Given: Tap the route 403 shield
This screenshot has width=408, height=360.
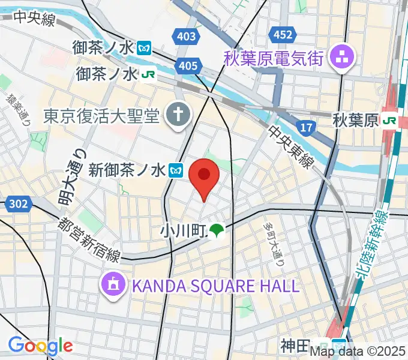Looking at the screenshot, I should pyautogui.click(x=187, y=37).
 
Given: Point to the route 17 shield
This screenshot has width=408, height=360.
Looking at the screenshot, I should pyautogui.click(x=305, y=127).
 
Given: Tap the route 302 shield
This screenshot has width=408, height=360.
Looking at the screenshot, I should pyautogui.click(x=18, y=205).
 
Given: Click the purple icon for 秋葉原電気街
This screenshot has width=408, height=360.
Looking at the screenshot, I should pyautogui.click(x=346, y=58).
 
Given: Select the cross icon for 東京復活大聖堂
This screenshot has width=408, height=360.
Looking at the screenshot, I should pyautogui.click(x=178, y=114).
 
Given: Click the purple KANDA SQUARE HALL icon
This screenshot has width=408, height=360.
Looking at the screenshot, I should pyautogui.click(x=113, y=284).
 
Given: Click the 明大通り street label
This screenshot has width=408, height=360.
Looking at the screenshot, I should pyautogui.click(x=70, y=181).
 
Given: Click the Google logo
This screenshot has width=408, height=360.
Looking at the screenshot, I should pyautogui.click(x=40, y=345).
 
